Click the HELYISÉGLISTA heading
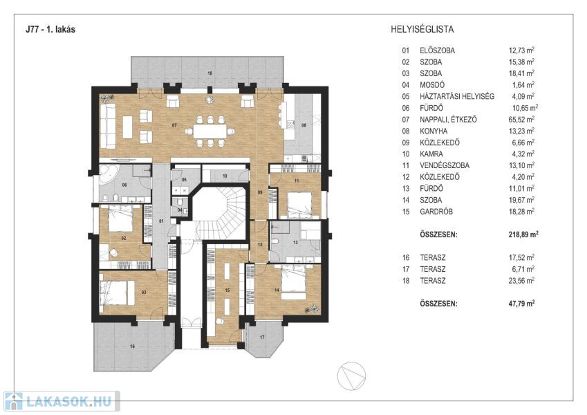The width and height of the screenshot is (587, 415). [x=423, y=30]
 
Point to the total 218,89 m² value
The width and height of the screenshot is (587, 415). [x=523, y=234]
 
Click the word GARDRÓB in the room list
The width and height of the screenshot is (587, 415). [x=436, y=212]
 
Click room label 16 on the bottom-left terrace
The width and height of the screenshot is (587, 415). [x=132, y=344]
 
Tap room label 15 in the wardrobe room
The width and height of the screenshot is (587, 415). [x=227, y=290]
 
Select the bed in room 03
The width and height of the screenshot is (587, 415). [x=118, y=291]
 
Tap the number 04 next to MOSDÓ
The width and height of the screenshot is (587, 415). [x=404, y=85]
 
